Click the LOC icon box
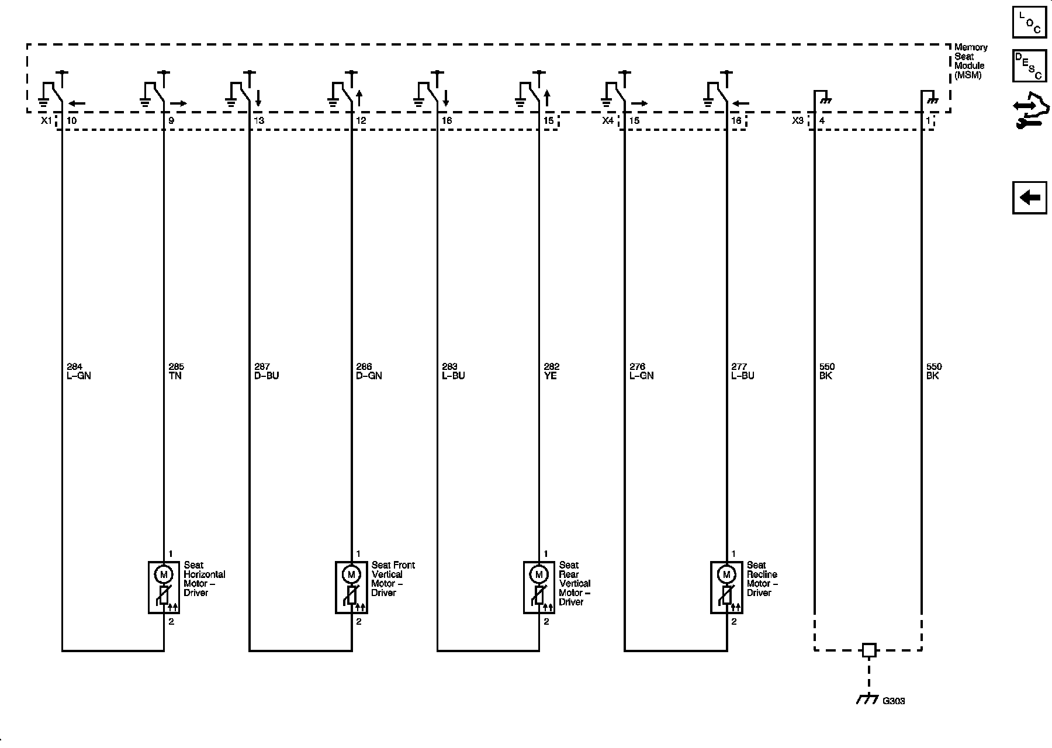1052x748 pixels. point(1029,22)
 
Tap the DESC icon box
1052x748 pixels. point(1029,65)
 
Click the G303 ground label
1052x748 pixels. point(894,701)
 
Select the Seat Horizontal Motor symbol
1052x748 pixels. point(164,587)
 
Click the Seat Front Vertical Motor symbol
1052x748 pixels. point(351,587)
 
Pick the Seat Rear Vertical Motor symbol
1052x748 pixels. point(539,587)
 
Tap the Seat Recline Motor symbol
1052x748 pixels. point(726,587)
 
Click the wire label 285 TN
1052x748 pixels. point(175,372)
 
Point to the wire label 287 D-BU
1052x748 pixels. point(267,372)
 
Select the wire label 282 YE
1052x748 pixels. point(551,372)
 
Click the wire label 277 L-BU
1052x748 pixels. point(743,372)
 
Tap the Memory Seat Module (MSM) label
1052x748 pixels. point(971,61)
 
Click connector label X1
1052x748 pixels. point(46,120)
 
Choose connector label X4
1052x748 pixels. point(608,120)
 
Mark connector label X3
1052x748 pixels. point(798,120)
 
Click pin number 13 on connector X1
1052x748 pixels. point(259,120)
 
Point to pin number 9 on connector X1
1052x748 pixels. point(171,120)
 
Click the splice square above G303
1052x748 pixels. point(869,650)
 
